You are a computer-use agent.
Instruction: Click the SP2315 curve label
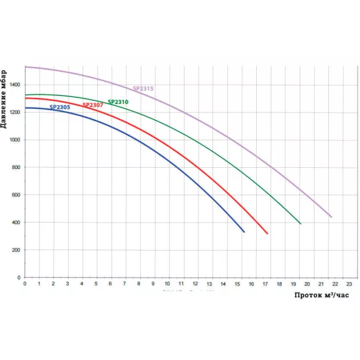(x=143, y=89)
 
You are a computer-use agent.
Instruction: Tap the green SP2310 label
(x=118, y=102)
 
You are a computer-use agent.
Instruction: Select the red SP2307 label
(x=92, y=105)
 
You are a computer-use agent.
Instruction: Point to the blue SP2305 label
(x=60, y=107)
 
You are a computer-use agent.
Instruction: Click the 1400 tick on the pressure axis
(x=14, y=85)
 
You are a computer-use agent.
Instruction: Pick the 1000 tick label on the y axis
(x=14, y=140)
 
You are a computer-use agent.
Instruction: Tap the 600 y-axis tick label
(x=16, y=195)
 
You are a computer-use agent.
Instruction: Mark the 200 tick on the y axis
(x=16, y=250)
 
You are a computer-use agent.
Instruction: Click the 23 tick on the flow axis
(x=349, y=284)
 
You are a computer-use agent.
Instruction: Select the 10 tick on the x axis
(x=167, y=284)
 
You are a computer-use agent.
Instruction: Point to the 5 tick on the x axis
(x=96, y=284)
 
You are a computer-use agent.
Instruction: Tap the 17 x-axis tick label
(x=265, y=284)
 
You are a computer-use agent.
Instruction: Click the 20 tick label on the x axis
(x=307, y=284)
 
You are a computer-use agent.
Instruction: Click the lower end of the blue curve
(x=244, y=232)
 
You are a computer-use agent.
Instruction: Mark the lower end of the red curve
(x=267, y=233)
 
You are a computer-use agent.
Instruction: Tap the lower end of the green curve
(x=300, y=224)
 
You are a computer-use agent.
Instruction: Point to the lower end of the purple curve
(x=331, y=217)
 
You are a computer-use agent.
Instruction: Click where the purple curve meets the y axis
(x=25, y=67)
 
